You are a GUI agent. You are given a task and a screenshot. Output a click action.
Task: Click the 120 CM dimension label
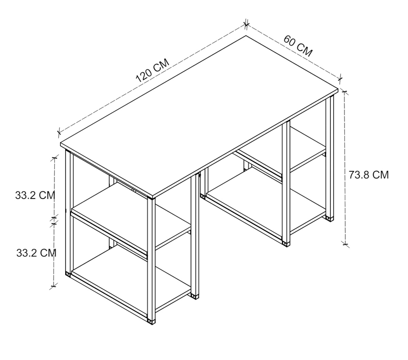coord(152,70)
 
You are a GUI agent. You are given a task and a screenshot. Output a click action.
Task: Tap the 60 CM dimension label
coord(298,46)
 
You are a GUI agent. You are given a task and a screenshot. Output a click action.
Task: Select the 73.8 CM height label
coord(369,175)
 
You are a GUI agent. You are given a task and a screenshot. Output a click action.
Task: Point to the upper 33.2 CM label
coord(35,195)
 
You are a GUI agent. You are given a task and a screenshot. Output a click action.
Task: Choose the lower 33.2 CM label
coord(36,253)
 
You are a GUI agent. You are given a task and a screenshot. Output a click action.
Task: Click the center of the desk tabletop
coord(199,117)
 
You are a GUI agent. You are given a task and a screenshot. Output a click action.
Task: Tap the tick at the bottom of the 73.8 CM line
coord(345,244)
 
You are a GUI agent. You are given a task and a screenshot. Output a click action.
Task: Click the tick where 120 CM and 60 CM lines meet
coord(246,24)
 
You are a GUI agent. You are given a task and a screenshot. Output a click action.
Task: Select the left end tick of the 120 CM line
coord(59,132)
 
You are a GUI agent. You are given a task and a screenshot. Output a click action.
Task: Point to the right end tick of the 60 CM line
coord(340,78)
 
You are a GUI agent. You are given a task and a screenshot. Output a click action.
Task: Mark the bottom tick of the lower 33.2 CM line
coord(53,286)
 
